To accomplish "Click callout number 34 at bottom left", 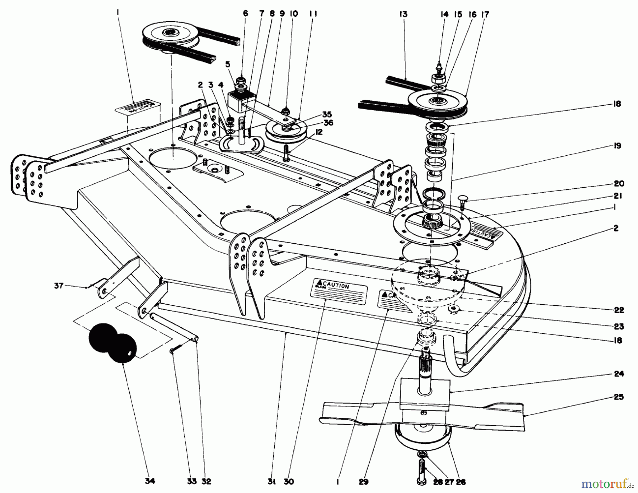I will [150, 481].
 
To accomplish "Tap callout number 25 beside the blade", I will [619, 397].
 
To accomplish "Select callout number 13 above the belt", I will [403, 14].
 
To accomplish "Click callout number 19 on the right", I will [617, 146].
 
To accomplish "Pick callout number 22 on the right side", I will [619, 310].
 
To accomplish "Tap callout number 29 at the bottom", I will [363, 482].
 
